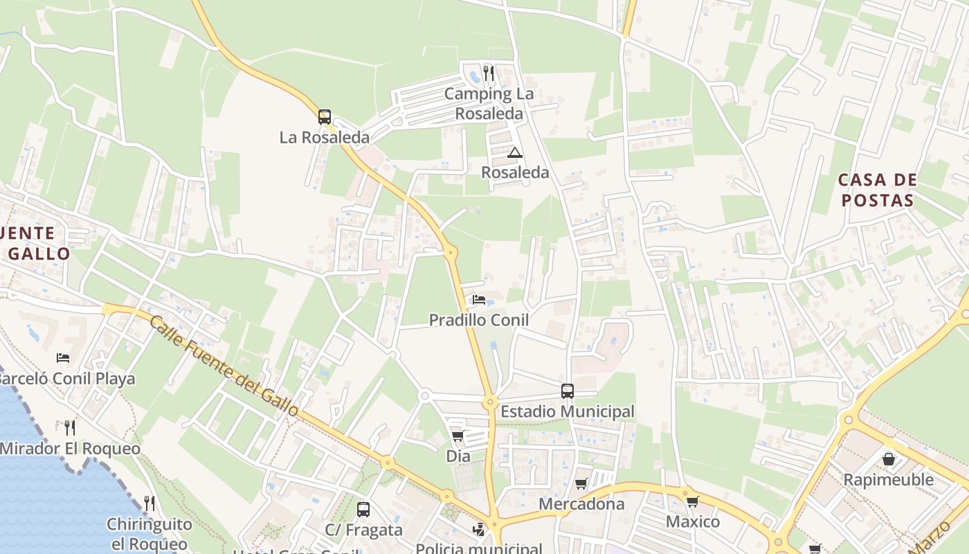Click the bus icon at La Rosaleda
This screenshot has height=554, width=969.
(324, 117)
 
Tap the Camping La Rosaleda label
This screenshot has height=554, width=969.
(489, 103)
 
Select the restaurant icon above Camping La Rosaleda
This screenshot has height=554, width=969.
(489, 73)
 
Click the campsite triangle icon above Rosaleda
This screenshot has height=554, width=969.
(514, 152)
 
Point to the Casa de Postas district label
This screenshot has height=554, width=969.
(877, 190)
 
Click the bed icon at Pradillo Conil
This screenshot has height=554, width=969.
(478, 300)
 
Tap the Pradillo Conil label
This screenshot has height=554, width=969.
(479, 320)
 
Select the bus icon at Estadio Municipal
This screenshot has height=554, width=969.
(568, 391)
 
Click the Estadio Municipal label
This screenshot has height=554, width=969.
(567, 411)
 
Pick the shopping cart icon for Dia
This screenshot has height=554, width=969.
(458, 436)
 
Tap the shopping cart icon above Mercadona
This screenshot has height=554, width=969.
(581, 483)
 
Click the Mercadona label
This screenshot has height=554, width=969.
(581, 503)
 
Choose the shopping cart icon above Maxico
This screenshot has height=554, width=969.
(692, 501)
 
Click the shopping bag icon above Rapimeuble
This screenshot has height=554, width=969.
(889, 459)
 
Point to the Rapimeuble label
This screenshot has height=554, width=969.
(888, 480)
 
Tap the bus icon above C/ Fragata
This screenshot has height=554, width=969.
(363, 510)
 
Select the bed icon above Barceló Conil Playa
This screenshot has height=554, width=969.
(63, 358)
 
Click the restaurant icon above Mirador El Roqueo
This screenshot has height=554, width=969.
(69, 427)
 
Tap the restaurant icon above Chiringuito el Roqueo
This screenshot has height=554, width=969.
(148, 503)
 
